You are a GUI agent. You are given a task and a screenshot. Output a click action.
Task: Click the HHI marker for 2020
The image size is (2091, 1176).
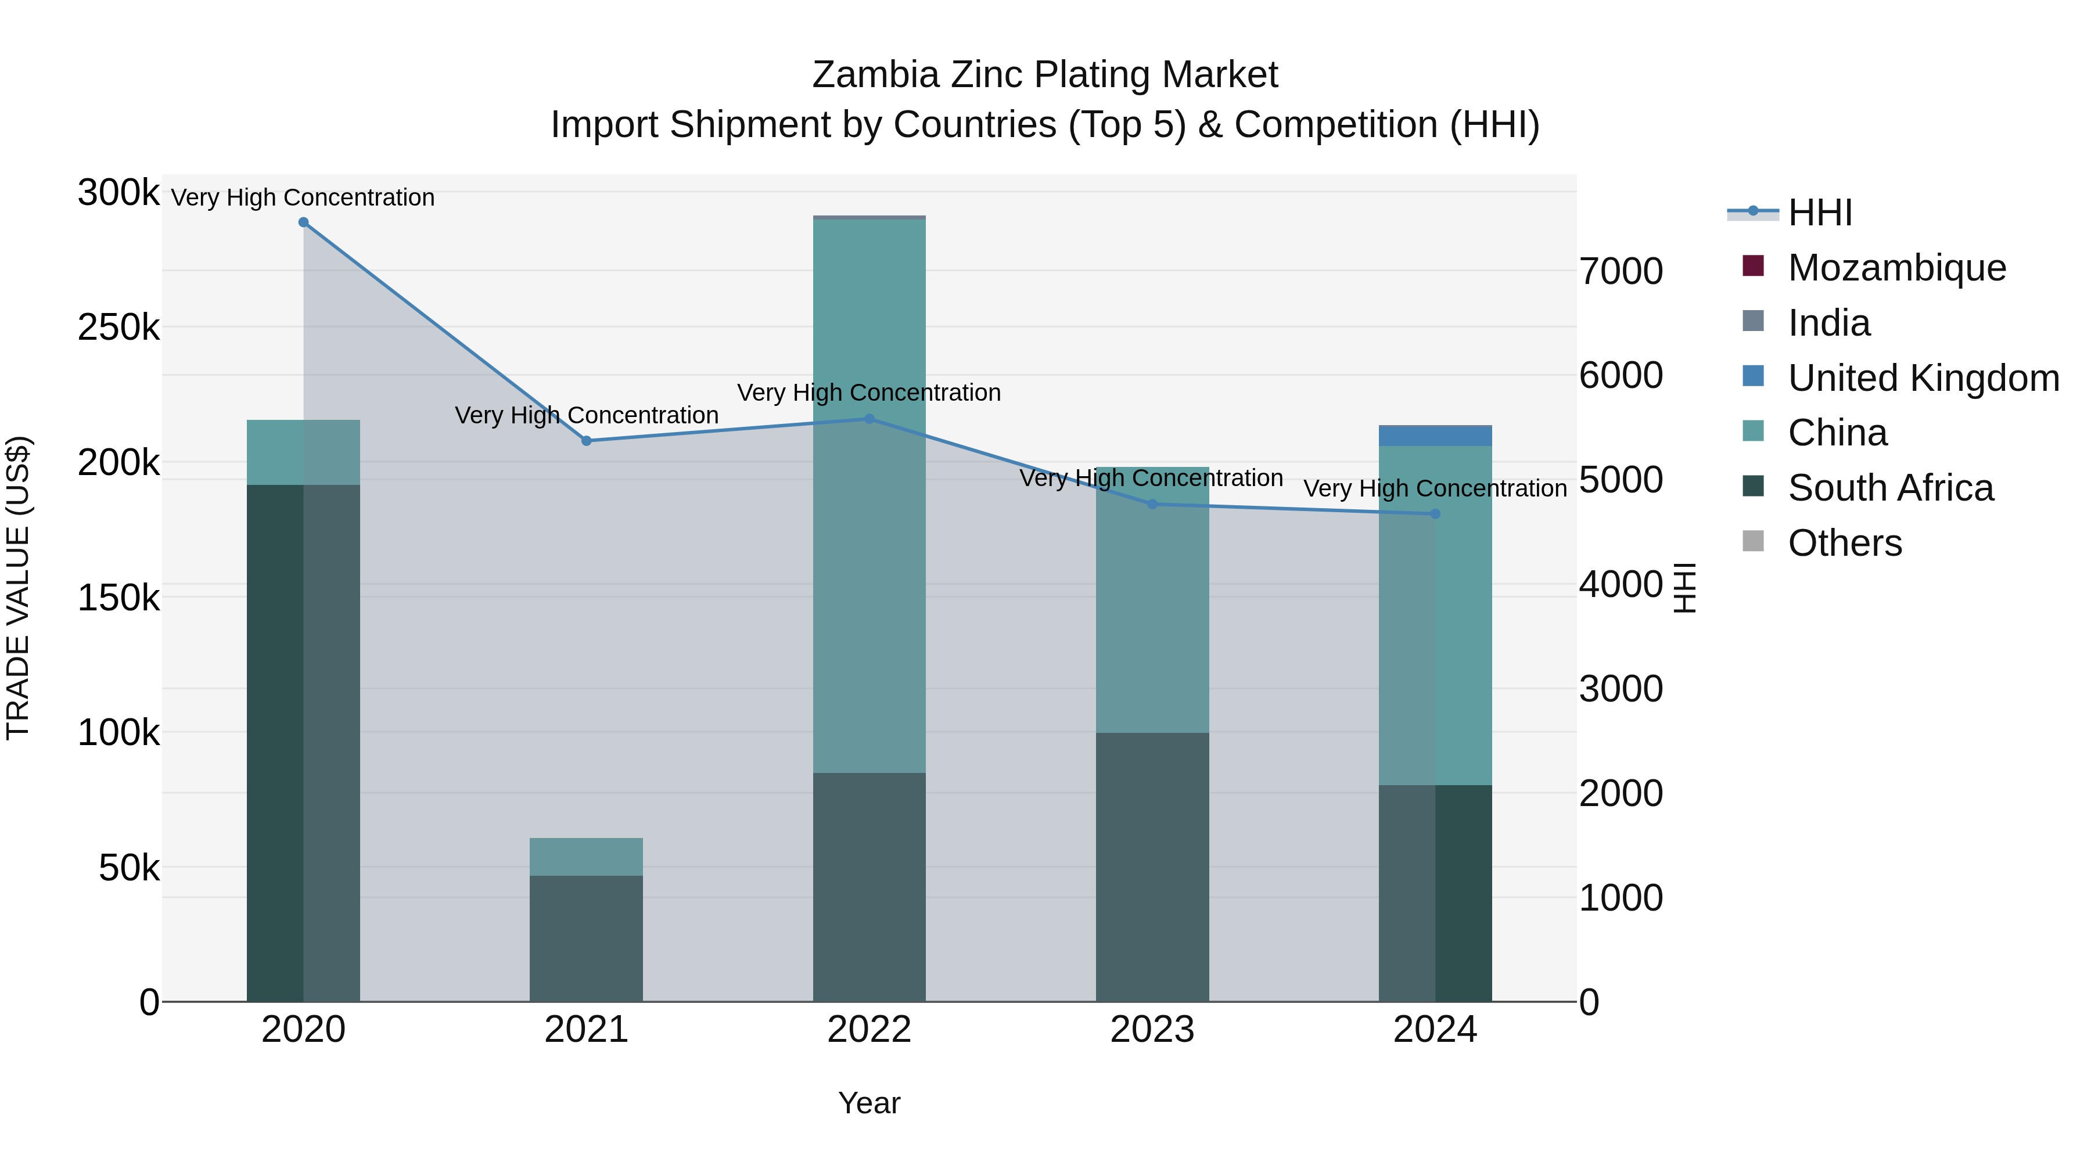(304, 222)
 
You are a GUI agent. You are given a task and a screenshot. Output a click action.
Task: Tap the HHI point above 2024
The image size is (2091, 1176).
(1435, 514)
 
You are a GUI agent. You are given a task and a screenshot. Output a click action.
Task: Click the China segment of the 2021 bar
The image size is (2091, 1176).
(586, 856)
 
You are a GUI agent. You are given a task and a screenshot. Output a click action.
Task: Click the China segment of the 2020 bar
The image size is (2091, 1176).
(304, 452)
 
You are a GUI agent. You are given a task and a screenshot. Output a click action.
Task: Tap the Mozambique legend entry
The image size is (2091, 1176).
(1896, 268)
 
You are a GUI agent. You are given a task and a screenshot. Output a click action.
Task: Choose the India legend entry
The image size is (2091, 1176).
(1829, 323)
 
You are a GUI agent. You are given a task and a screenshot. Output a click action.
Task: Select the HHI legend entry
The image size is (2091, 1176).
(1820, 213)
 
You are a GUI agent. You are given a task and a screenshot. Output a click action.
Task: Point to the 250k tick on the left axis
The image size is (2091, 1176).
(118, 328)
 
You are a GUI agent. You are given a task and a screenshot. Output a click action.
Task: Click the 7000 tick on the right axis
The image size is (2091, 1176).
(1620, 271)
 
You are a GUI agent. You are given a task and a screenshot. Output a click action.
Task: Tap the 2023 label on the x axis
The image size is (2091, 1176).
(1152, 1030)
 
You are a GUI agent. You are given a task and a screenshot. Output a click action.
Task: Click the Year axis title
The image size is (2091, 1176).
(870, 1103)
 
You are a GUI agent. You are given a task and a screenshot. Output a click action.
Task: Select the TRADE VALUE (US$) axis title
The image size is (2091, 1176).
(18, 588)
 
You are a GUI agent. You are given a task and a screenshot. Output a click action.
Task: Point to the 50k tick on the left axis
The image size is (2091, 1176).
(128, 868)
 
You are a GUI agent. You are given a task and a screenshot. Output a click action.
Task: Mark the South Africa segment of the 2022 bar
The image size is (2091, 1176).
(870, 886)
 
